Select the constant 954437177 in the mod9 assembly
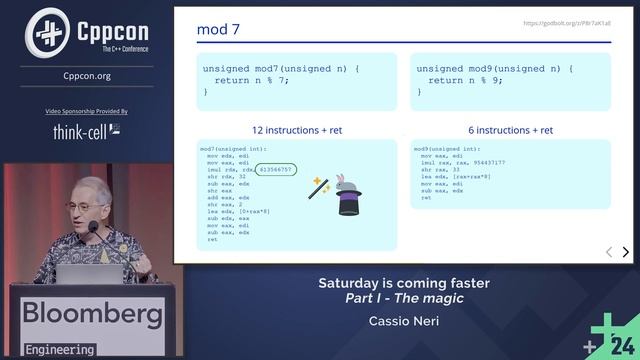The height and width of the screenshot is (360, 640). (484, 162)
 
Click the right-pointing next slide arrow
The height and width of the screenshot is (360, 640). (626, 253)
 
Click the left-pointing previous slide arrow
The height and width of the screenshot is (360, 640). (609, 253)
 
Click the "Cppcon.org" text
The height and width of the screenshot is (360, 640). (87, 75)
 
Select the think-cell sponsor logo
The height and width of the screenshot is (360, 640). (87, 131)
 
